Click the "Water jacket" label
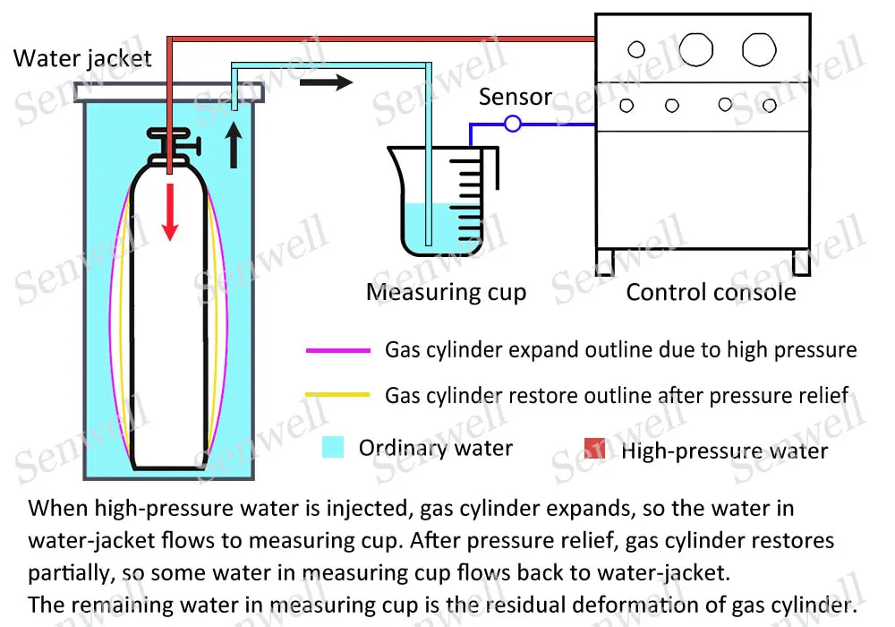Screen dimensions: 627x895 click(x=82, y=60)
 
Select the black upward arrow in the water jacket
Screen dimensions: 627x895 click(x=234, y=145)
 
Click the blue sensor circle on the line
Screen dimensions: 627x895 click(x=512, y=124)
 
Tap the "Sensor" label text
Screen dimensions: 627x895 click(x=515, y=97)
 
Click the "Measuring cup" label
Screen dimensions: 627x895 click(x=446, y=292)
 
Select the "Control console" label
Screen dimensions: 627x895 click(x=711, y=292)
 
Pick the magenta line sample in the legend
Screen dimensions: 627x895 click(x=337, y=350)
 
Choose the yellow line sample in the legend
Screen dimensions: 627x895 click(x=337, y=395)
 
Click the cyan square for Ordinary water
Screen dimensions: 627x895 click(x=333, y=447)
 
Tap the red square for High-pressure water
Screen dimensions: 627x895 click(x=595, y=448)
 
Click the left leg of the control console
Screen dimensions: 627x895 click(x=606, y=261)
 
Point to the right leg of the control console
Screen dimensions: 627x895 click(x=800, y=261)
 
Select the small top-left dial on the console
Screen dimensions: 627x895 click(x=636, y=49)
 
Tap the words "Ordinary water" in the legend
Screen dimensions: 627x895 click(x=435, y=448)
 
